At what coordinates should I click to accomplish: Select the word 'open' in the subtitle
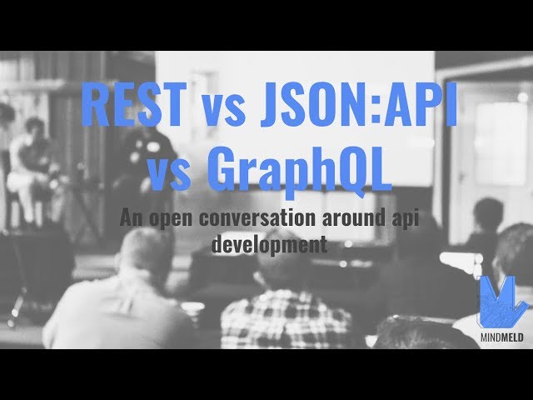click(163, 221)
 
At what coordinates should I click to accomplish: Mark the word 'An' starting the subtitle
click(129, 220)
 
